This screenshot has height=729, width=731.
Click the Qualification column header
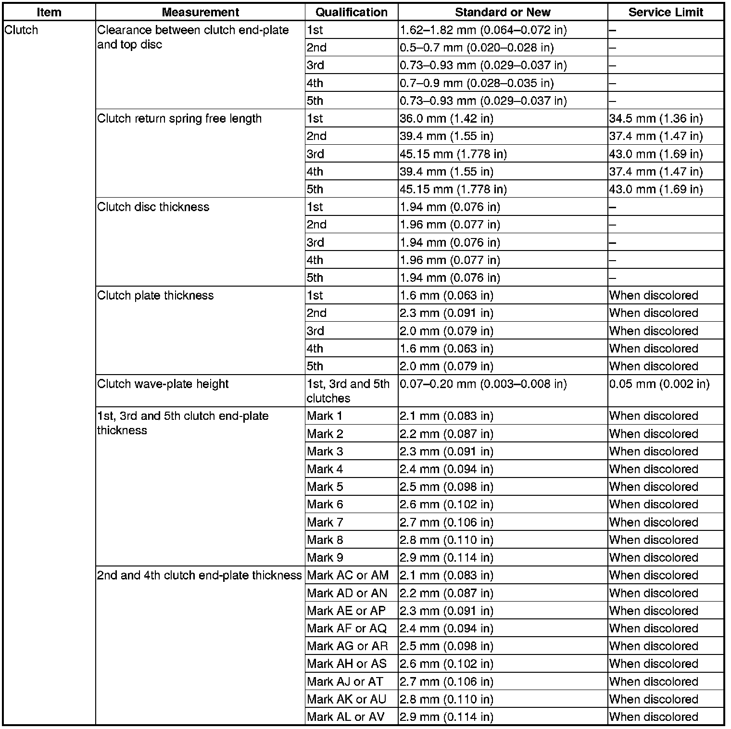click(352, 12)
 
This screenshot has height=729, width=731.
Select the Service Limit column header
click(666, 12)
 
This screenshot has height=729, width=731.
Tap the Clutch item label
click(21, 30)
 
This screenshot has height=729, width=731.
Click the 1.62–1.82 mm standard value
click(483, 30)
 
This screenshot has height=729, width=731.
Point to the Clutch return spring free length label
click(179, 119)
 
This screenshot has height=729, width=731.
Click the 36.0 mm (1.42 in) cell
click(446, 119)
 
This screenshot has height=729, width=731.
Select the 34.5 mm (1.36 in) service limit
click(655, 119)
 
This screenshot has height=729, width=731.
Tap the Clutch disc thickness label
click(153, 207)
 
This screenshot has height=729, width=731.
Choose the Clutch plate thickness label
click(155, 296)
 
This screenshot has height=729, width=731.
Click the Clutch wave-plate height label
click(163, 384)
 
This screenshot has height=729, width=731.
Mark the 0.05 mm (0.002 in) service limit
click(659, 384)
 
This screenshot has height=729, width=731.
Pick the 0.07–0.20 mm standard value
click(483, 384)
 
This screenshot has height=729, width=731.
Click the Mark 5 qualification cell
click(325, 487)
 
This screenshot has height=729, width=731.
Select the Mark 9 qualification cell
click(325, 558)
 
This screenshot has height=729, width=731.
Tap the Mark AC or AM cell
click(348, 576)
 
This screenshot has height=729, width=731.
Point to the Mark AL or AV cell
click(346, 717)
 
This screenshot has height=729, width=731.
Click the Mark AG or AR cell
click(347, 646)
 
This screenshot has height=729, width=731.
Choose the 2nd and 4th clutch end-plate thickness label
click(199, 576)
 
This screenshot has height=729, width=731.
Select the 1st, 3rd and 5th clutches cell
click(348, 391)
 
